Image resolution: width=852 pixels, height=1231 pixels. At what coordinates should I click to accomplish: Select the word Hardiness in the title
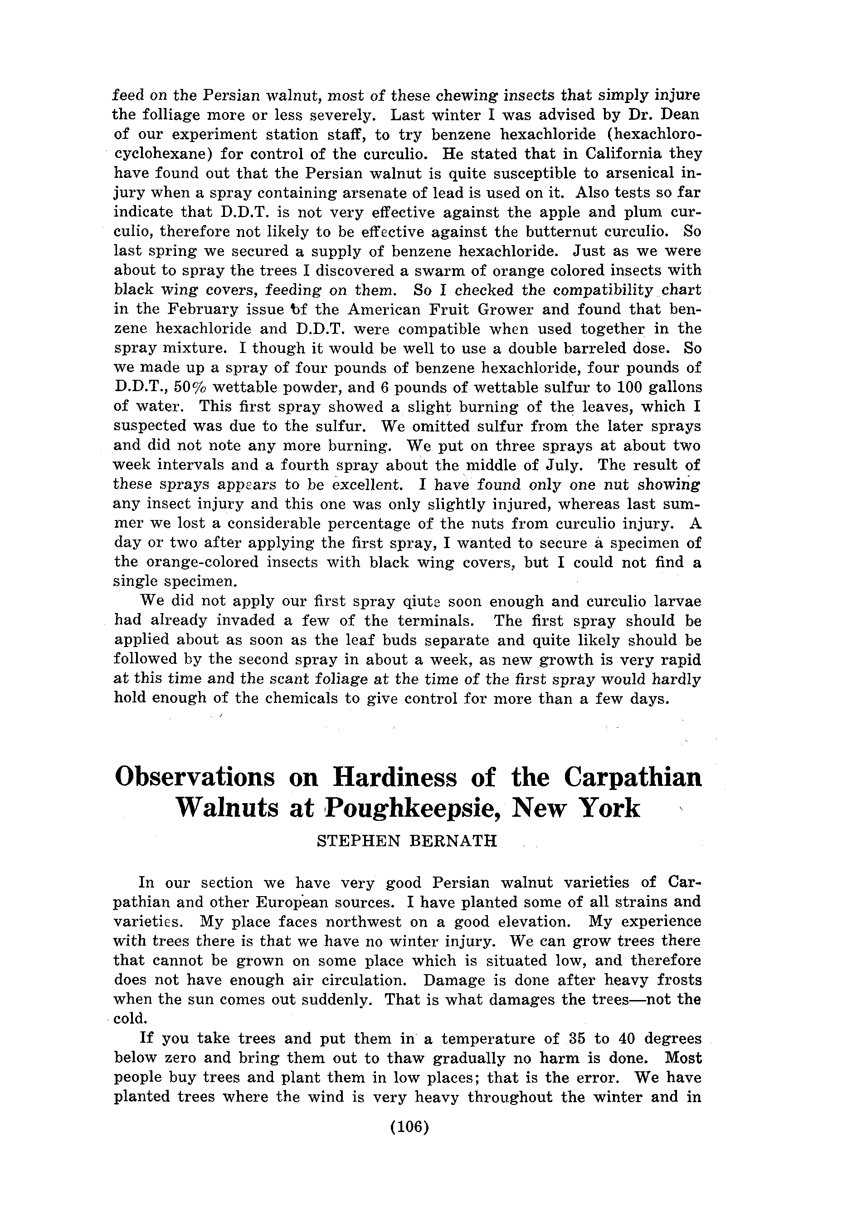pos(394,778)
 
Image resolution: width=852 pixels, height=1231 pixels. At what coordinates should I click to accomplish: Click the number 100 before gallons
pos(632,387)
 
